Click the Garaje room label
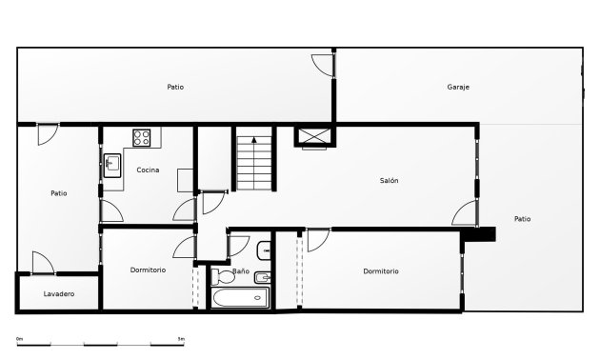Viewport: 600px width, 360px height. click(458, 88)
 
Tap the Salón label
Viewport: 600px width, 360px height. click(389, 180)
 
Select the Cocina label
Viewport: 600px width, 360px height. click(148, 170)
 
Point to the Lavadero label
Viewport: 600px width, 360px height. click(59, 294)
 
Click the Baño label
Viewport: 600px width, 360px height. click(241, 270)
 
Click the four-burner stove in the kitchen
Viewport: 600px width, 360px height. click(142, 138)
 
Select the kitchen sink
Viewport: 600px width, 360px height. click(112, 166)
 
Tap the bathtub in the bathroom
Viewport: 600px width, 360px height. click(240, 297)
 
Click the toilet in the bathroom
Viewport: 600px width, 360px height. click(223, 276)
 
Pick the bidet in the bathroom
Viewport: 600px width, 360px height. click(263, 277)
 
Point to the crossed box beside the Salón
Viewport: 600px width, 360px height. click(314, 136)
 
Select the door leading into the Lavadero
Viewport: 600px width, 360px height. click(43, 263)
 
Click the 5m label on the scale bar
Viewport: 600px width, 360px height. click(181, 339)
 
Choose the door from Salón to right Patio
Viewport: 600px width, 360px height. click(465, 212)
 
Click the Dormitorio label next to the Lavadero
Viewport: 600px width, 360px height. click(148, 270)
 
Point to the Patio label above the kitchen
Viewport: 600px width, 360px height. click(175, 88)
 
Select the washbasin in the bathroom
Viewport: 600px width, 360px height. click(264, 250)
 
